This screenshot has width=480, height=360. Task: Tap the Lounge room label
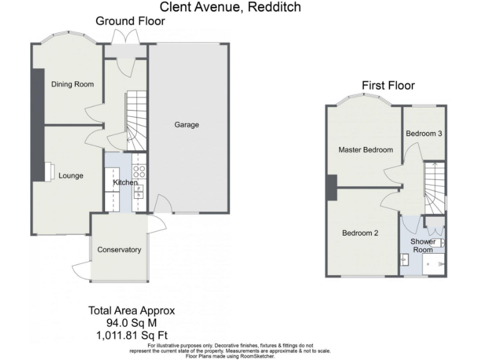pos(71,176)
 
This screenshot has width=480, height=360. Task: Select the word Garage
pos(186,125)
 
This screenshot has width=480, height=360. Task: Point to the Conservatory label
pos(119,250)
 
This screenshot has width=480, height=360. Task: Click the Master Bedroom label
pos(366,150)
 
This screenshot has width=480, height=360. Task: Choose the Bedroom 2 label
pos(360,233)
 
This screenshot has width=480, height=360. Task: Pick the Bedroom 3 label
pos(424,134)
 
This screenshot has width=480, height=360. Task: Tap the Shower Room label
pos(422,246)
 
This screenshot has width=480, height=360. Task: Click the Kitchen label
pos(125,182)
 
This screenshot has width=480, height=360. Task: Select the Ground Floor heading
pos(130,21)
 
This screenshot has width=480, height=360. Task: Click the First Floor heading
pos(388,86)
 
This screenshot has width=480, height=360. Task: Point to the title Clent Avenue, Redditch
pos(230,7)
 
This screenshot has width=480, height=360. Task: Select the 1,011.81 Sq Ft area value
pos(131,334)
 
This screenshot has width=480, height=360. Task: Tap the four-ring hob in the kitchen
pos(139,171)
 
